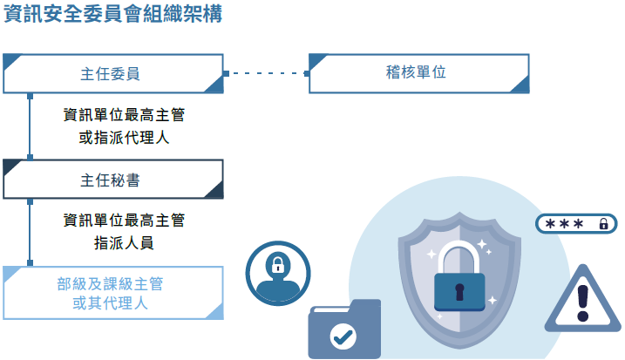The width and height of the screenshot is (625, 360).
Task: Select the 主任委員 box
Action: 113,74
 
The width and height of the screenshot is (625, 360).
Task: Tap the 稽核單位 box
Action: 419,73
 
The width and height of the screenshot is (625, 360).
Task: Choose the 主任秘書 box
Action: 113,180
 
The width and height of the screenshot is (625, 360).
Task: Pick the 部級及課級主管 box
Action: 113,293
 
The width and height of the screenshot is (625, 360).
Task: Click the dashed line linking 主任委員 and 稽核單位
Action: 266,74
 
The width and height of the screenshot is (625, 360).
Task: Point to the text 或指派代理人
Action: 124,138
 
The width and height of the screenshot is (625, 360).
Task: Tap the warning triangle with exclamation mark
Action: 584,302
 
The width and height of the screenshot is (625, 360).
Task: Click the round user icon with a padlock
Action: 278,273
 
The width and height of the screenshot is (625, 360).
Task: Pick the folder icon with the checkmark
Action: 344,329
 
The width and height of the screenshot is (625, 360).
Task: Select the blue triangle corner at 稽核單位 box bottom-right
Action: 521,85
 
